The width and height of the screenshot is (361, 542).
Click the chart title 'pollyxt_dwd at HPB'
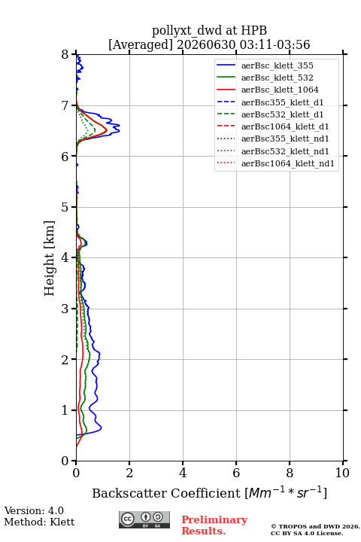[x=209, y=31]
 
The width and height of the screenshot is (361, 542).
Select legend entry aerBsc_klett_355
[x=277, y=65]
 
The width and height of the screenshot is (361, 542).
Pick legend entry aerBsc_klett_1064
[x=280, y=90]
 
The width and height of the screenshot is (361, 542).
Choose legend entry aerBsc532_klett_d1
[x=282, y=114]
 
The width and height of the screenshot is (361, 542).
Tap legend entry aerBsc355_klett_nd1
[x=285, y=139]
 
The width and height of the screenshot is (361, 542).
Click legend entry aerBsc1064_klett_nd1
[x=288, y=163]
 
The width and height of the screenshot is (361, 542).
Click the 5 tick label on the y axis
[x=65, y=207]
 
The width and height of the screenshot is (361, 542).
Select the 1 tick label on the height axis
[x=65, y=410]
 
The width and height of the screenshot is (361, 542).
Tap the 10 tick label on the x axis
[x=342, y=473]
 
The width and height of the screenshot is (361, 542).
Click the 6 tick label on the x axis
[x=236, y=473]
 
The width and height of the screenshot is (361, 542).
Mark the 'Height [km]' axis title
[x=49, y=258]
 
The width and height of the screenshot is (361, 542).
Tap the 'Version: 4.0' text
[x=34, y=510]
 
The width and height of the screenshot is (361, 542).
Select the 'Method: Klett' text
[x=39, y=522]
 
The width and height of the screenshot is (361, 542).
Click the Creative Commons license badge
[x=144, y=519]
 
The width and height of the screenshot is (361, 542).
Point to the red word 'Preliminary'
[x=214, y=519]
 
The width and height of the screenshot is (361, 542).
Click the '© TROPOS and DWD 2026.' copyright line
[x=315, y=526]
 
